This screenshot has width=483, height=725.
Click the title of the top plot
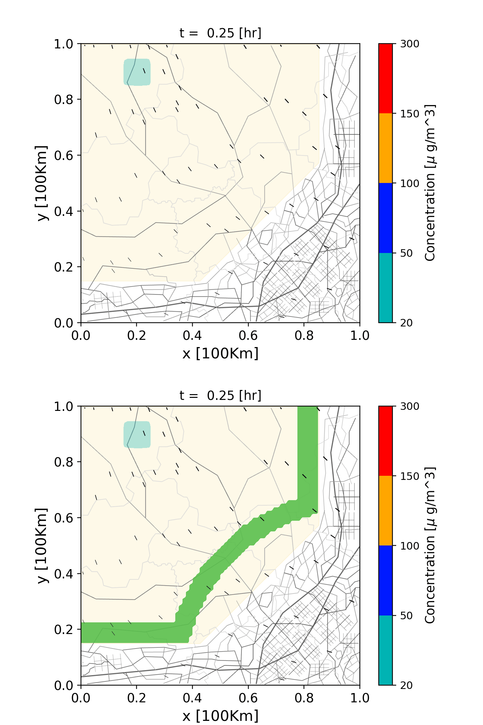coord(220,33)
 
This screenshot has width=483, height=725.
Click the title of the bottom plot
coord(220,395)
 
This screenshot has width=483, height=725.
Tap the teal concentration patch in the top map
coord(137,72)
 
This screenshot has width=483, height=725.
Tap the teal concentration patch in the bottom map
coord(137,435)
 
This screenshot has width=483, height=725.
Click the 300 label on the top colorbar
coord(410,44)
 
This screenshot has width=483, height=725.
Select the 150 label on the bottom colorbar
coord(410,476)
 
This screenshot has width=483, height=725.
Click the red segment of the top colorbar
coord(386,78)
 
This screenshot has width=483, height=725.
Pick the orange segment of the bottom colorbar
coord(386,510)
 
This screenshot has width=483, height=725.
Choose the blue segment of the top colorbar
coord(386,218)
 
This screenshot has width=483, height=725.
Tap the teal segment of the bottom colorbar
coord(386,650)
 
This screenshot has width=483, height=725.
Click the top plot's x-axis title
coord(220,353)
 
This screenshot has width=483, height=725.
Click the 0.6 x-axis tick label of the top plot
coord(248,335)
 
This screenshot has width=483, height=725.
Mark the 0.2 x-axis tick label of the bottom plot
coord(137,698)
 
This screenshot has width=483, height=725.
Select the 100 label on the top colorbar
coord(410,183)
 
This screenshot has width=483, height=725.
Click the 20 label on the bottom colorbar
coord(406,686)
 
